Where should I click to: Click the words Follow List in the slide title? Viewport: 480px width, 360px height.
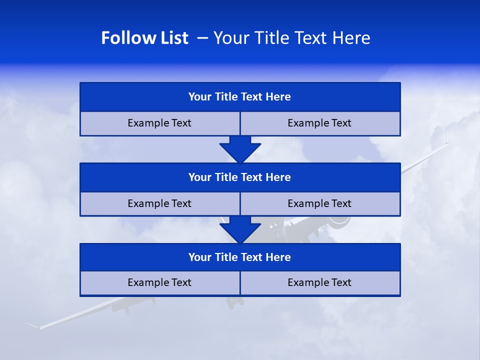[144, 38]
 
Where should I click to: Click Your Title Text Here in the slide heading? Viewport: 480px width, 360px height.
[291, 38]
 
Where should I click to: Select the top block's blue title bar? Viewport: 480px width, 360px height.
[240, 97]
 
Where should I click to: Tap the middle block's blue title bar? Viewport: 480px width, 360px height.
[240, 177]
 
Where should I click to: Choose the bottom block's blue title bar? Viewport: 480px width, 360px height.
[240, 257]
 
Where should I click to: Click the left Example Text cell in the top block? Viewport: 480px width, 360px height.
[159, 123]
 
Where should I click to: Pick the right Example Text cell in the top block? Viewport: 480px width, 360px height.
[319, 123]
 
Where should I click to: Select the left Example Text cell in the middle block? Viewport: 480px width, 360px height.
[159, 203]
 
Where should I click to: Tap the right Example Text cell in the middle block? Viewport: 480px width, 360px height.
[319, 203]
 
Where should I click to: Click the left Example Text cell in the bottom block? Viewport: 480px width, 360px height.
[159, 282]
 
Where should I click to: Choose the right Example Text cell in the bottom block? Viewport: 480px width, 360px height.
[319, 282]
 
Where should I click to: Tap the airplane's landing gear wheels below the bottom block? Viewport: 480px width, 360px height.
[233, 301]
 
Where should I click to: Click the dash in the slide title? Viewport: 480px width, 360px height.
[203, 38]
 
